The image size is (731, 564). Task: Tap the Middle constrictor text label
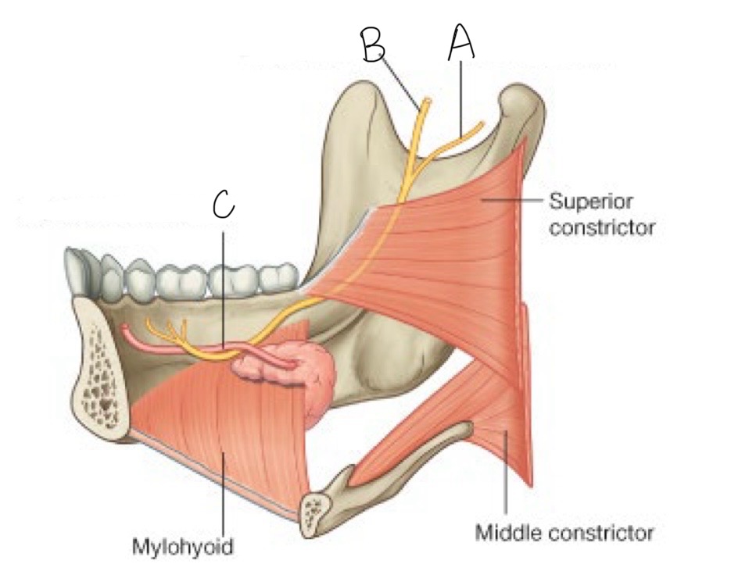coord(564,534)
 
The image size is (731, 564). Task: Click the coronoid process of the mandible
coord(367,102)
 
